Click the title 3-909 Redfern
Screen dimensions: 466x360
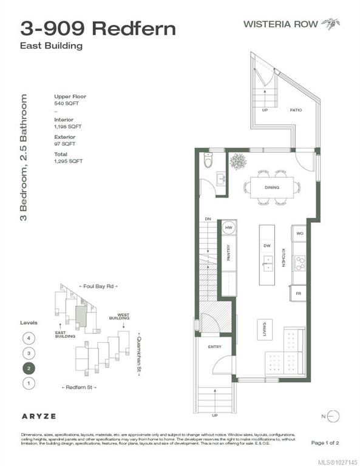(99, 29)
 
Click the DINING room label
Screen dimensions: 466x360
(271, 187)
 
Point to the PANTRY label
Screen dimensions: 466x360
(228, 252)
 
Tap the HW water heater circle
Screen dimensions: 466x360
(229, 228)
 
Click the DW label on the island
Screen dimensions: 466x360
(267, 246)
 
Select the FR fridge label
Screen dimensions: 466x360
(299, 293)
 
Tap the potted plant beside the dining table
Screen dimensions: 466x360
(237, 162)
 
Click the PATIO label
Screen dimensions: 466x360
(296, 110)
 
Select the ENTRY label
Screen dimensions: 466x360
(214, 347)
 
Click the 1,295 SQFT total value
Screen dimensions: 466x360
(68, 161)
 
